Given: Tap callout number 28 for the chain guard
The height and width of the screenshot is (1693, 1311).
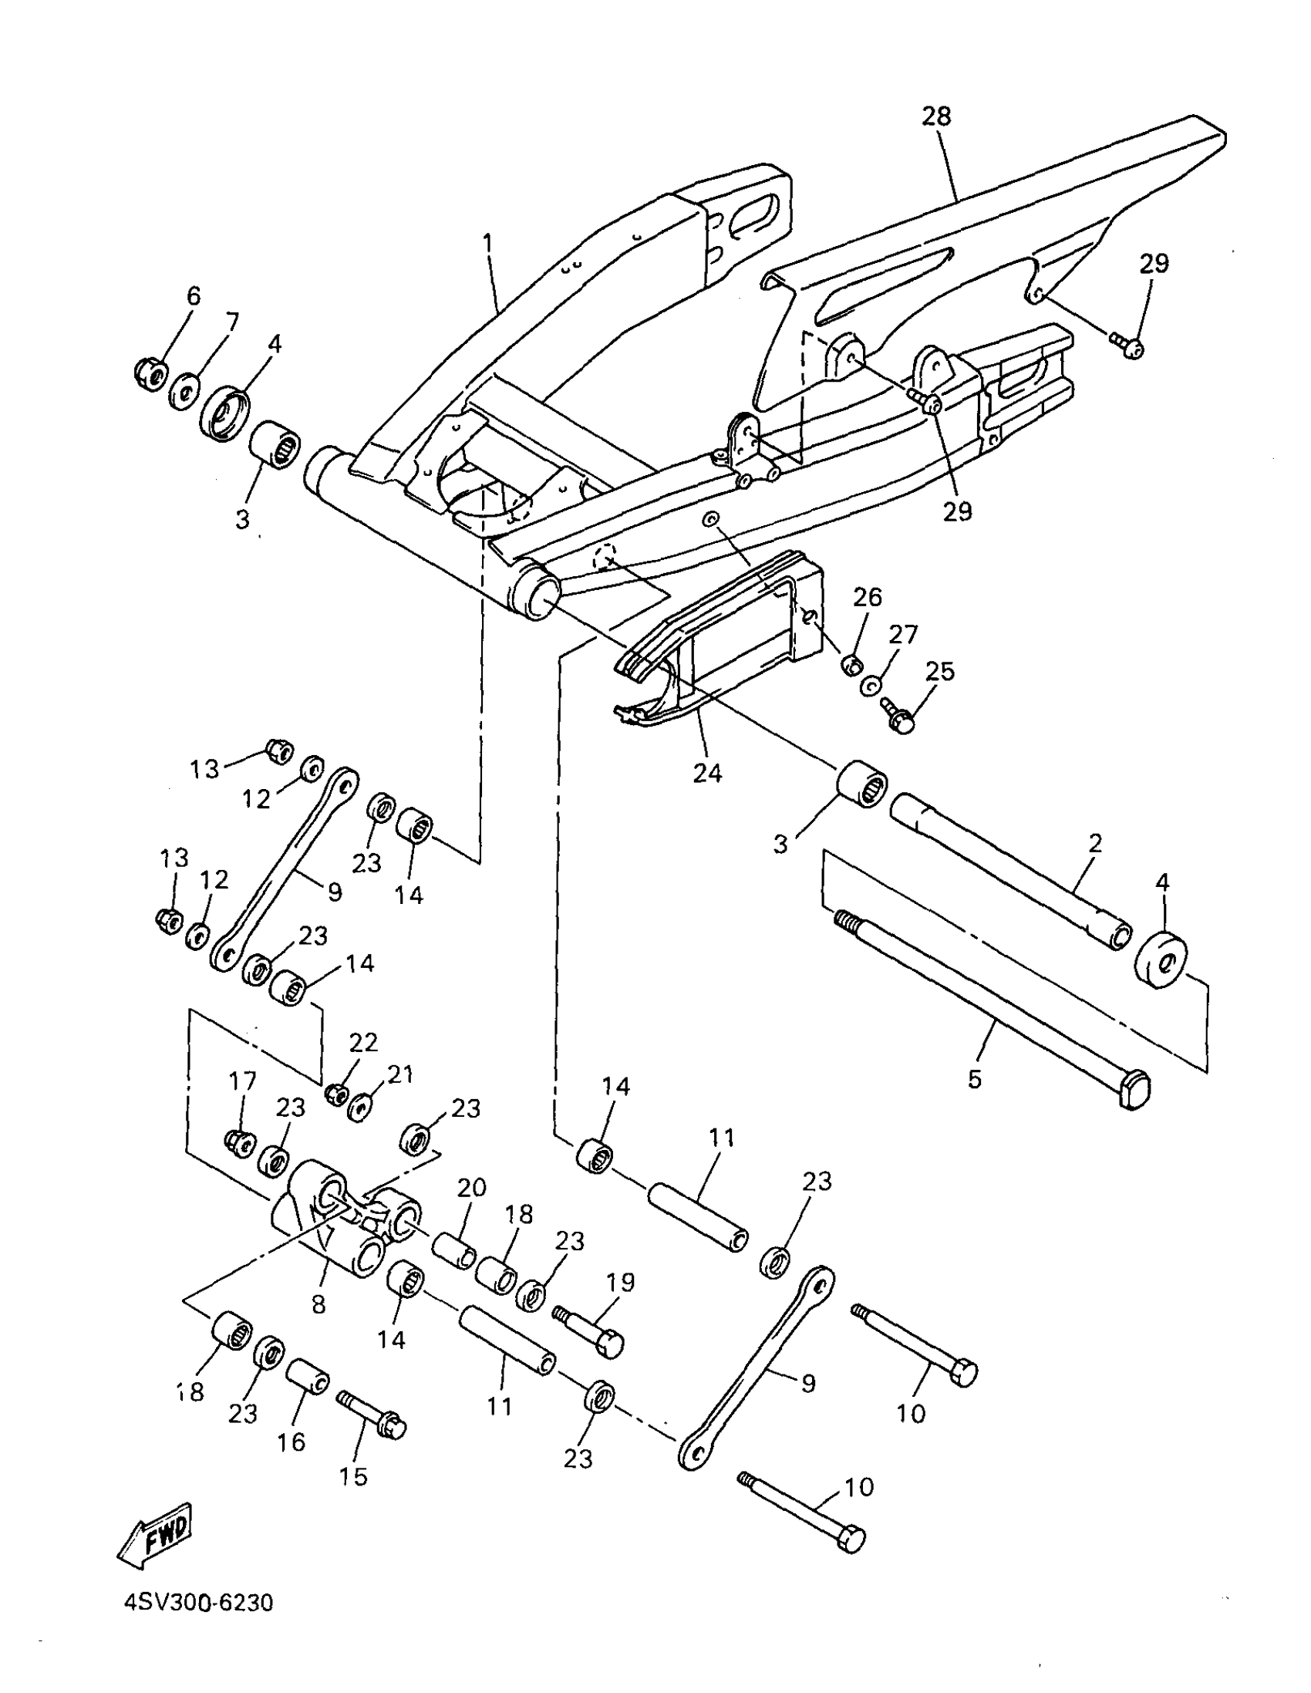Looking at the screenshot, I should [935, 117].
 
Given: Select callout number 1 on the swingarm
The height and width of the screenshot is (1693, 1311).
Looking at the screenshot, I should [487, 244].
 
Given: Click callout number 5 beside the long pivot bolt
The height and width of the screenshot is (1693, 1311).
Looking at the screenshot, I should [975, 1078].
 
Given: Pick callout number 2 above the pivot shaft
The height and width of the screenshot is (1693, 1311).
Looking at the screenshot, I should [1094, 843].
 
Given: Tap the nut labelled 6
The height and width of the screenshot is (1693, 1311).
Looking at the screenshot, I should [148, 373].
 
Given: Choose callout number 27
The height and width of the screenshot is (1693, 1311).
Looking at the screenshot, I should [902, 635].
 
